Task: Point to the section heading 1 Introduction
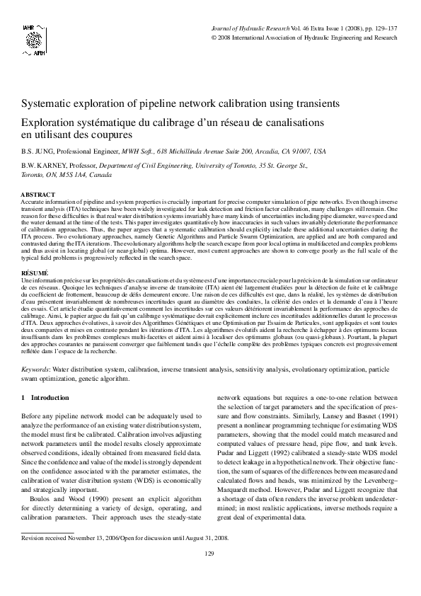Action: click(x=46, y=399)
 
